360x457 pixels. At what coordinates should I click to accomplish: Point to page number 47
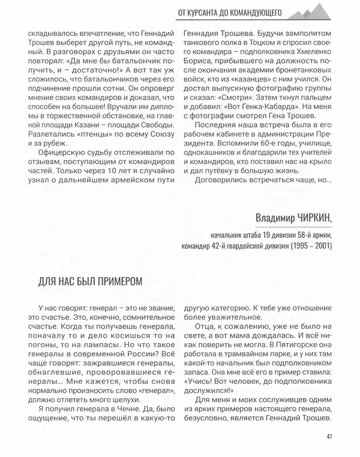coord(329,436)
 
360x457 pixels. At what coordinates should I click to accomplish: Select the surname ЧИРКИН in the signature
coord(310,217)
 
